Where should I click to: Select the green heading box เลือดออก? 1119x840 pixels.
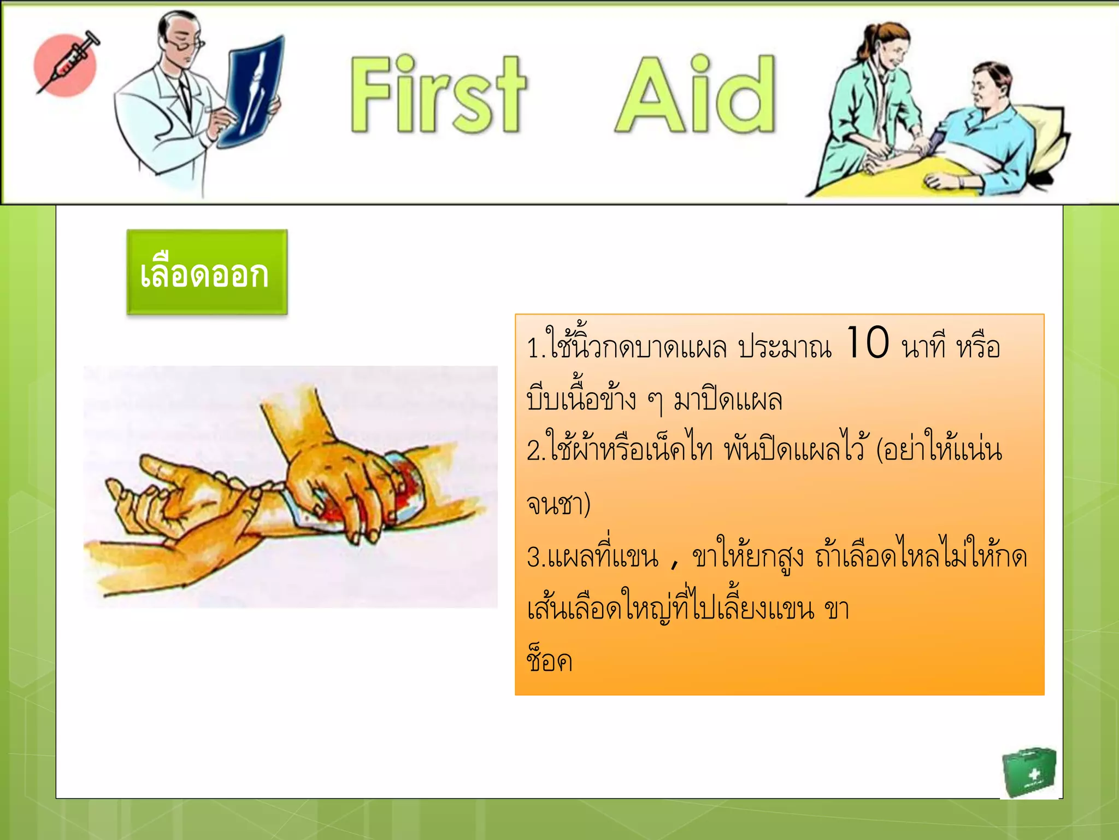(207, 272)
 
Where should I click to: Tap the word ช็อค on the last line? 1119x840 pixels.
(549, 661)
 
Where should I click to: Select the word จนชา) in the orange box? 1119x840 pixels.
(558, 504)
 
